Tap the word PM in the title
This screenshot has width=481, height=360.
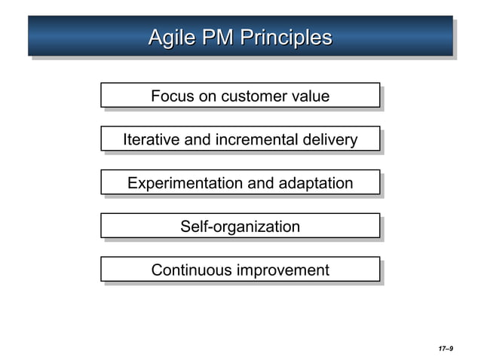(217, 38)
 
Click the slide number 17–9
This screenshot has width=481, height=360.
(445, 349)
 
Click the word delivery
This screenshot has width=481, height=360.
(329, 140)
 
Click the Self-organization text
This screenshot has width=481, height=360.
(240, 227)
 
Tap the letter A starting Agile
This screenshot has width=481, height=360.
(155, 38)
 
